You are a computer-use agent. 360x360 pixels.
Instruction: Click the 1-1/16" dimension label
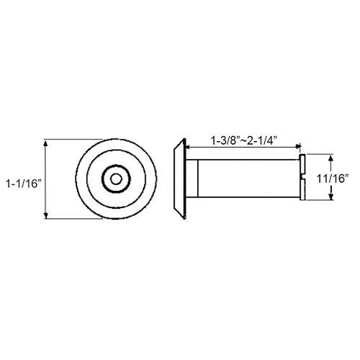(24, 184)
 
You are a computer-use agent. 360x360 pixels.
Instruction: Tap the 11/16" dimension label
(333, 179)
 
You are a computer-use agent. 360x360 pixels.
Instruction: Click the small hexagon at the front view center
(116, 179)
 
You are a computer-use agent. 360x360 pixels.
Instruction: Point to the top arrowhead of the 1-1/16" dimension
(46, 144)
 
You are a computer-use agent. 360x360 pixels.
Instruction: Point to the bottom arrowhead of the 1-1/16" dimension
(46, 215)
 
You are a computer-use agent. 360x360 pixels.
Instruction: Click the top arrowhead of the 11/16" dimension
(331, 158)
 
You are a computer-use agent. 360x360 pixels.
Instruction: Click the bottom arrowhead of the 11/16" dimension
(331, 197)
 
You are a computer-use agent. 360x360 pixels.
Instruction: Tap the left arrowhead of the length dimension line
(189, 146)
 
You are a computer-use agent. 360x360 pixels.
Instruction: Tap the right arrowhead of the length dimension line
(297, 146)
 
